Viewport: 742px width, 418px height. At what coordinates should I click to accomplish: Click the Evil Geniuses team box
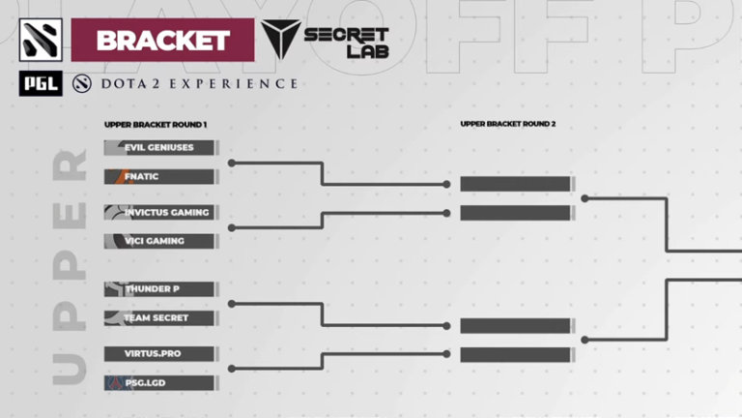click(x=158, y=148)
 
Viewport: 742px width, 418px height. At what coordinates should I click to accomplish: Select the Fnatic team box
click(x=158, y=177)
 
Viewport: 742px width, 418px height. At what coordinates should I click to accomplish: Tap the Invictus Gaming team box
click(x=158, y=212)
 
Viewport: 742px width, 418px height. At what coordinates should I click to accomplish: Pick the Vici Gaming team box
click(x=158, y=241)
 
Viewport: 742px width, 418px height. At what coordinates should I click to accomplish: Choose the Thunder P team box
click(x=158, y=288)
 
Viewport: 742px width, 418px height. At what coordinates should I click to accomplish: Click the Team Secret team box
click(x=158, y=317)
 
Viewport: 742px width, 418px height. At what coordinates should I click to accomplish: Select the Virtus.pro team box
click(x=158, y=353)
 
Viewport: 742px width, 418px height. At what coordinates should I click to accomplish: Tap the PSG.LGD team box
click(x=158, y=383)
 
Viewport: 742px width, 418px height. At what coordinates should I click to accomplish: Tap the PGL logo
click(x=41, y=84)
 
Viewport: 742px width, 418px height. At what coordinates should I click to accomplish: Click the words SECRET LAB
click(x=346, y=43)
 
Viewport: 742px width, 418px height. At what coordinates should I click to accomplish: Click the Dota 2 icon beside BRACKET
click(x=41, y=40)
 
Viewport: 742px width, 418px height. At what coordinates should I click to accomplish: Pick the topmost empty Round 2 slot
click(x=515, y=184)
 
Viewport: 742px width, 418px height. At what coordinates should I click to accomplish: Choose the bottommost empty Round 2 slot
click(x=515, y=355)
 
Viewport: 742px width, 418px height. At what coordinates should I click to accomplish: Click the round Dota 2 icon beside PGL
click(x=80, y=84)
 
